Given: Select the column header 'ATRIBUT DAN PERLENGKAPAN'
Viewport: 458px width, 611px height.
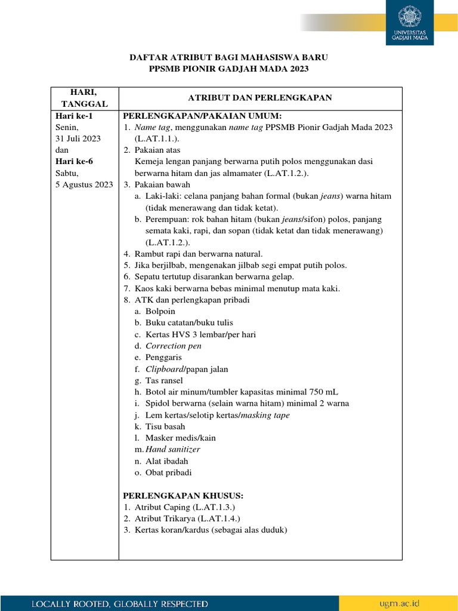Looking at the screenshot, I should pos(260,98).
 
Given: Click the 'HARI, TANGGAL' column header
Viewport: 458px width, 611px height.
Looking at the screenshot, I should pos(84,98).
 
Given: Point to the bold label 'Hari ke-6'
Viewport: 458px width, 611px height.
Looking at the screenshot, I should pos(74,161).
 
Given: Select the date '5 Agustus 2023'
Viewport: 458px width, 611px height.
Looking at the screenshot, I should pos(84,184).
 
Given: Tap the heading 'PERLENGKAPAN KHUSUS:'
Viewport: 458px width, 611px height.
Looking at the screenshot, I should pos(183,496).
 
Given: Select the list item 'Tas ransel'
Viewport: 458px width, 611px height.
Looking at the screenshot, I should pos(164,381).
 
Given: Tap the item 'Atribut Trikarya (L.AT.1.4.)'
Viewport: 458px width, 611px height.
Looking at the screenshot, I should pos(188,519).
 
